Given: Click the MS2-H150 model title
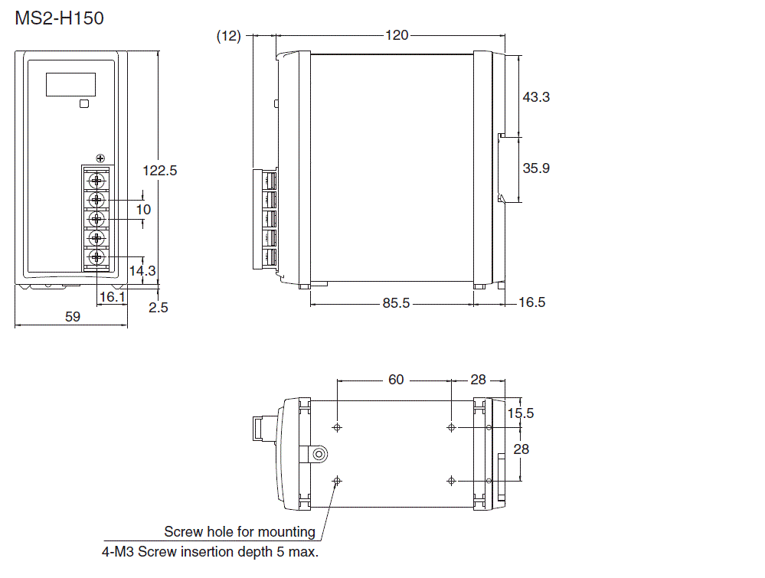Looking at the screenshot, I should [x=59, y=18].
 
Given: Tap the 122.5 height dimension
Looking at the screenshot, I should [x=160, y=171].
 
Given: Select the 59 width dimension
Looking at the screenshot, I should [x=72, y=316].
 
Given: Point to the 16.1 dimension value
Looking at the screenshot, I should [x=113, y=296].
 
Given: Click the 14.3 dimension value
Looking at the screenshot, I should [x=142, y=270].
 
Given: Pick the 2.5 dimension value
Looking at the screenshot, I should [x=159, y=307].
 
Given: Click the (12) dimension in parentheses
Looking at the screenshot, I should [x=228, y=35].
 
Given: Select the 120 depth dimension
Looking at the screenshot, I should [x=397, y=35].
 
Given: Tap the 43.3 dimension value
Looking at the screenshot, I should [x=536, y=97].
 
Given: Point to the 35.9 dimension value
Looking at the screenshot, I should [x=536, y=168].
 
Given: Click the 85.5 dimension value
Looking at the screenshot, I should [x=397, y=303].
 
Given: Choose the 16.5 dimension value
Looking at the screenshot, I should [x=531, y=302].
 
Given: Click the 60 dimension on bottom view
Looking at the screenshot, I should [x=396, y=380].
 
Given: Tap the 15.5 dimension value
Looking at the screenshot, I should [x=521, y=413].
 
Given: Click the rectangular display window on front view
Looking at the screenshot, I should [x=70, y=84].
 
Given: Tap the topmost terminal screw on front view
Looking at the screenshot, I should [x=96, y=181].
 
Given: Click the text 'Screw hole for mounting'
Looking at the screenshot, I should [x=240, y=531].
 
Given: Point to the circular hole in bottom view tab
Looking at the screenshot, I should [x=317, y=455].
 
